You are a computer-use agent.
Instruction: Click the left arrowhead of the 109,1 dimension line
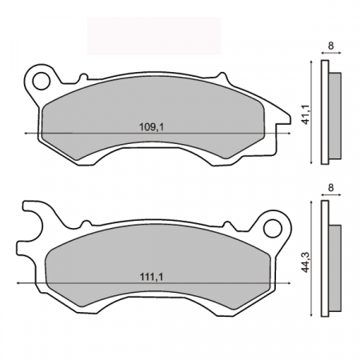point(28,132)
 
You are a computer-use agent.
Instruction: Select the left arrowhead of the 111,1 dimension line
point(18,284)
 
